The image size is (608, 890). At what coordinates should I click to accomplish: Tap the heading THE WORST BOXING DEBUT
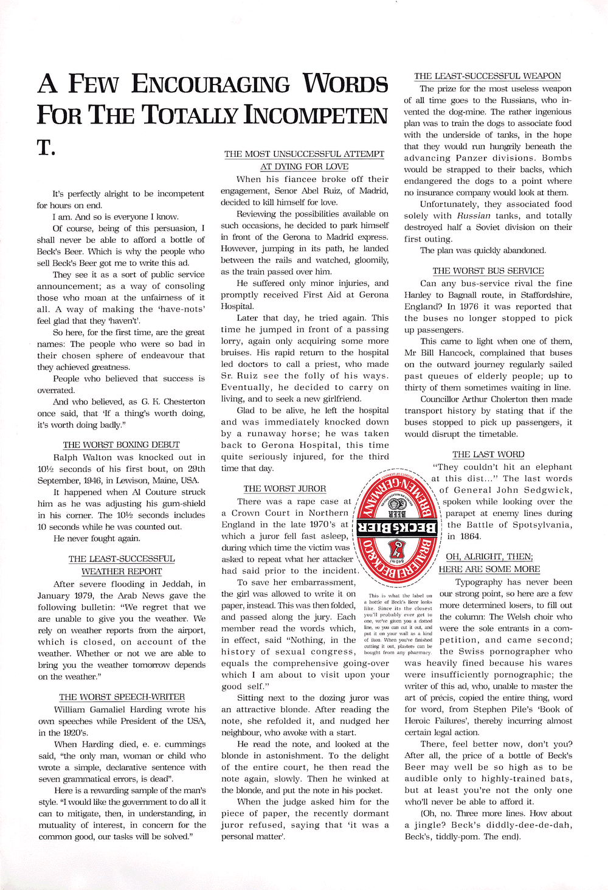click(x=121, y=445)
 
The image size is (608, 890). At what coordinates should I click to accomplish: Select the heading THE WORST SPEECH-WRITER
click(x=122, y=697)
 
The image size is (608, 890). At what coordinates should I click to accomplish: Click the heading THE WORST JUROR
click(x=285, y=488)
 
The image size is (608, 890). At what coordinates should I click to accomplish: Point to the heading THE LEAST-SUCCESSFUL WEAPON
click(x=488, y=76)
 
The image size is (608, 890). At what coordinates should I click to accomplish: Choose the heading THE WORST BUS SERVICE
click(x=488, y=271)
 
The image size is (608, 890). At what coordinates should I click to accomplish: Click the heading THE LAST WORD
click(x=488, y=454)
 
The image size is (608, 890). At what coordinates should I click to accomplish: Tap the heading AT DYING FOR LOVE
click(x=304, y=167)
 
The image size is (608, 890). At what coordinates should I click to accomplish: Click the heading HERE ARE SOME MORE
click(x=489, y=569)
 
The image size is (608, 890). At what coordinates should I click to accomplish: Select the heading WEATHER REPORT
click(x=122, y=571)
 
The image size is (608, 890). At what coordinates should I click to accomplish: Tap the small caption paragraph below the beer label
click(x=398, y=624)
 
